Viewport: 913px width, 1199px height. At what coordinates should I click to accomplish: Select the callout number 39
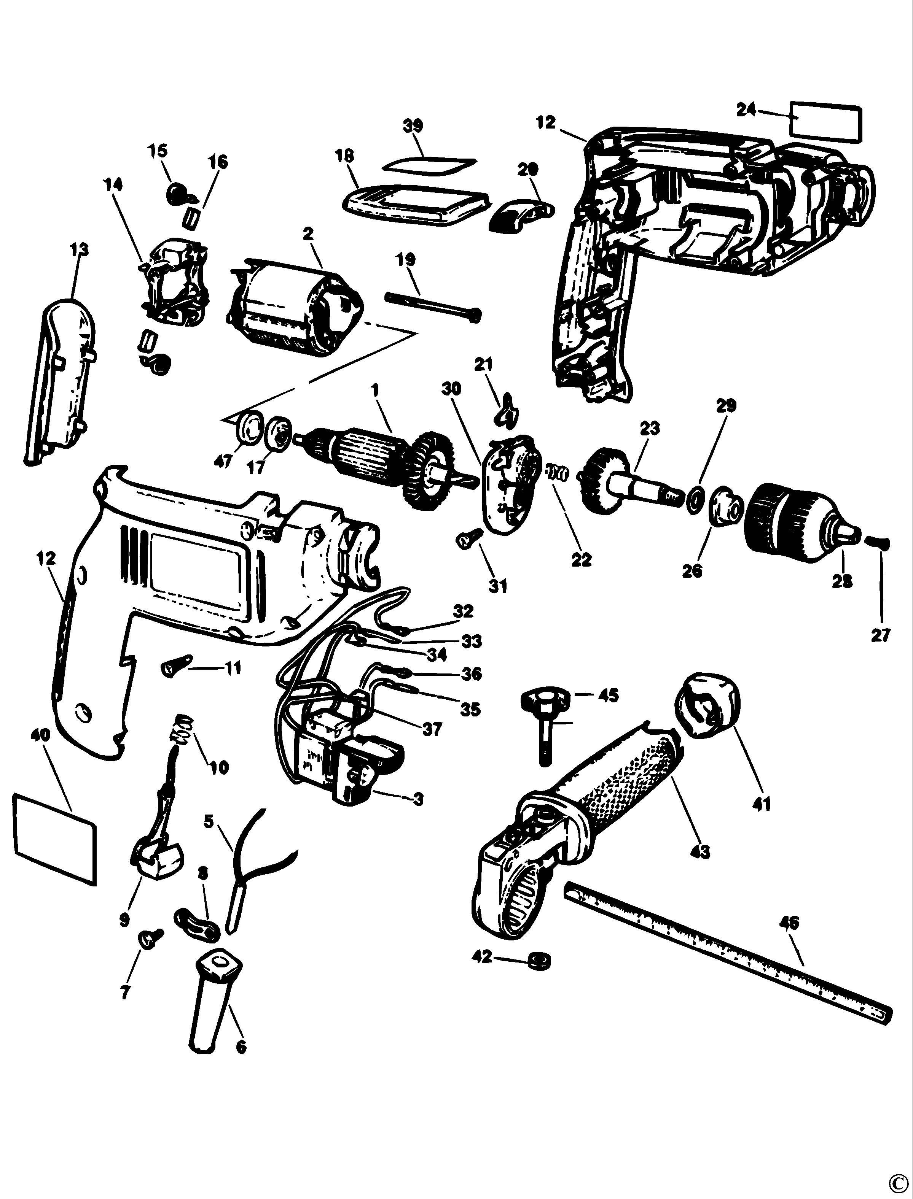(413, 125)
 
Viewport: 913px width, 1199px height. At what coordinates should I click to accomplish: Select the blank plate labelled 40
(54, 838)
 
